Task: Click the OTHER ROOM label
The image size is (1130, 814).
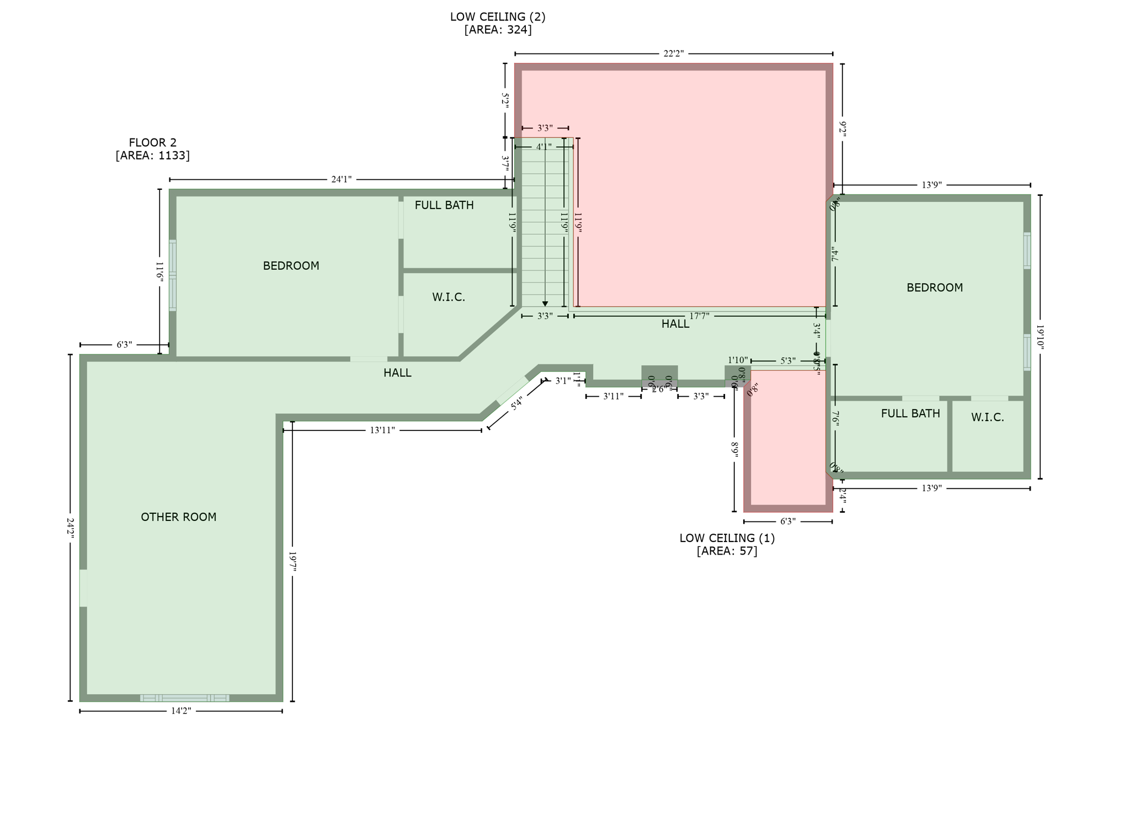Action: click(178, 517)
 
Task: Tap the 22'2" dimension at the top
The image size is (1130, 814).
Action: click(673, 54)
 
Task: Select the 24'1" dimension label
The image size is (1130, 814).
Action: click(341, 179)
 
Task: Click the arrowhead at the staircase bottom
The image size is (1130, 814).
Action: click(545, 304)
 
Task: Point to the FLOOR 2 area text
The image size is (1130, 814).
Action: click(152, 149)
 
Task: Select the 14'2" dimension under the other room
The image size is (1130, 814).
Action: click(180, 711)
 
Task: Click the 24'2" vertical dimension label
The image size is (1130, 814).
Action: click(70, 528)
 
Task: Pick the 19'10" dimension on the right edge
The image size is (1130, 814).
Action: click(1040, 337)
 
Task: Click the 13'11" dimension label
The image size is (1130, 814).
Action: click(382, 430)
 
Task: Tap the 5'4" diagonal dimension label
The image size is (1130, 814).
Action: click(516, 404)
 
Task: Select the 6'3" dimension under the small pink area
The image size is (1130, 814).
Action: click(787, 521)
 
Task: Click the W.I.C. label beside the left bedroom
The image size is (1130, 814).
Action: click(448, 297)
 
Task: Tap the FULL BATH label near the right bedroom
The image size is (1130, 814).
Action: click(910, 413)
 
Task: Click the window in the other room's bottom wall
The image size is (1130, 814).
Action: click(184, 698)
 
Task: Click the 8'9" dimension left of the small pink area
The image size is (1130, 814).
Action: click(734, 450)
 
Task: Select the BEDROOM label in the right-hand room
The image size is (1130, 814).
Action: click(934, 288)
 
